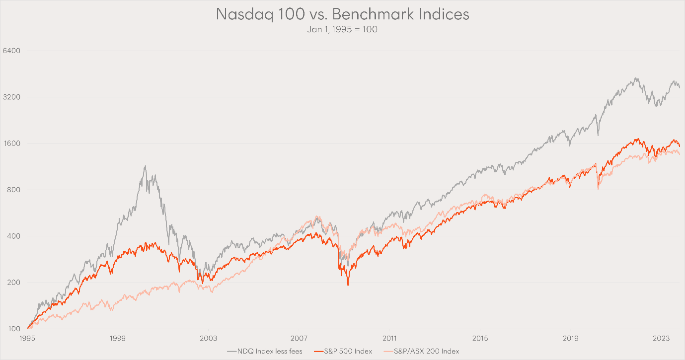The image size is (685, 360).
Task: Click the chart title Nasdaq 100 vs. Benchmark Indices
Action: click(x=342, y=14)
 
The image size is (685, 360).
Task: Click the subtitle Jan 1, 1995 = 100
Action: click(x=342, y=29)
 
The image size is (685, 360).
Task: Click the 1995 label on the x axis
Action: click(x=27, y=338)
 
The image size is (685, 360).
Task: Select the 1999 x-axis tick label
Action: click(x=118, y=338)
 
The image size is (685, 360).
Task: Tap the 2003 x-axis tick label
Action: click(x=209, y=338)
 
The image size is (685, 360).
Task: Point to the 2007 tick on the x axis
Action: click(x=299, y=338)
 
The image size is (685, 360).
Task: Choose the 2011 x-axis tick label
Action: click(x=389, y=338)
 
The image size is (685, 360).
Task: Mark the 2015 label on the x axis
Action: click(x=480, y=338)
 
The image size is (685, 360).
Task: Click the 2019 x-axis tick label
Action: click(x=571, y=338)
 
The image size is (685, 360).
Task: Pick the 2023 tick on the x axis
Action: click(x=661, y=338)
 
